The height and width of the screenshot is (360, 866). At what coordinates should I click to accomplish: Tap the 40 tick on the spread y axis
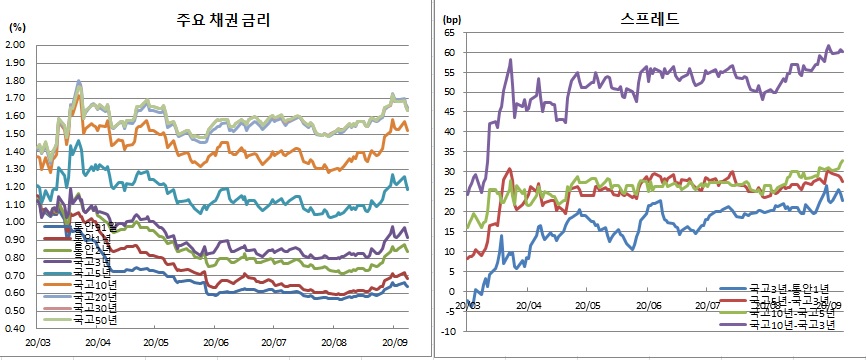coord(450,132)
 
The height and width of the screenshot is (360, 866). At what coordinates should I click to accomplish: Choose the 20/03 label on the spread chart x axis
coord(467,305)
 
